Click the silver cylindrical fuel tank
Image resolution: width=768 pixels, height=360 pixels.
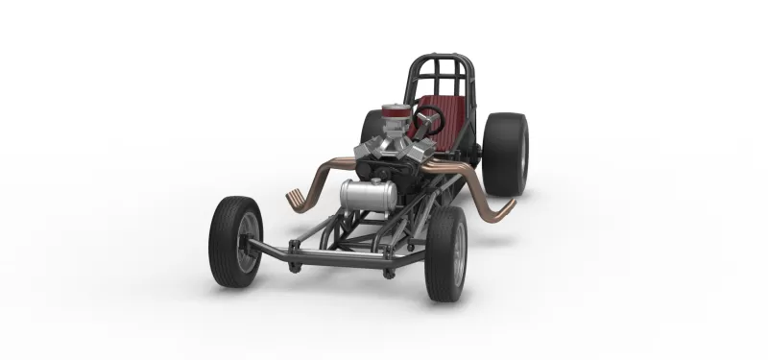tap(369, 195)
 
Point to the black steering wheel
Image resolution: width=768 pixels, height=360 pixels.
tap(427, 121)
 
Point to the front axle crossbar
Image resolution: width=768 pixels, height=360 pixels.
tap(336, 256)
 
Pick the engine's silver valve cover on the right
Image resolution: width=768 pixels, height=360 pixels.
tap(416, 152)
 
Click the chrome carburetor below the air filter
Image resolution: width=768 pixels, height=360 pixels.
tap(392, 130)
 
